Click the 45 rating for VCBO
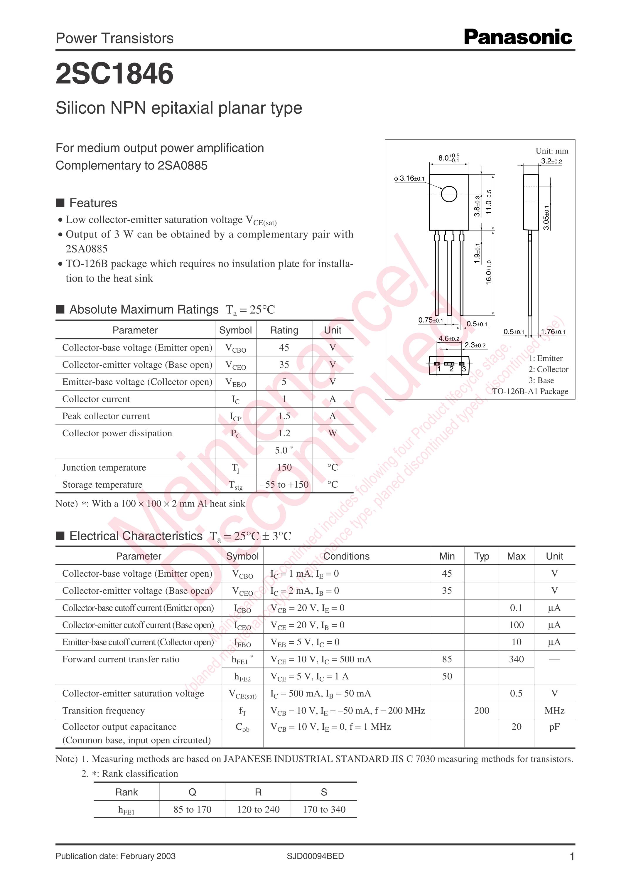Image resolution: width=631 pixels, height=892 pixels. click(x=284, y=347)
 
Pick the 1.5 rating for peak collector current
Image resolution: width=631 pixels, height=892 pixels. click(x=284, y=416)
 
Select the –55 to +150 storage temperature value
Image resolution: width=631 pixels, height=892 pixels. click(x=284, y=484)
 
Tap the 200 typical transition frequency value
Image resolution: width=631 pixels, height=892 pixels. click(x=481, y=711)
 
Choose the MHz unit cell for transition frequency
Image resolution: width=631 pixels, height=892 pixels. click(x=554, y=711)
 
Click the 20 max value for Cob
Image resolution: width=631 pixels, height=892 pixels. click(x=516, y=726)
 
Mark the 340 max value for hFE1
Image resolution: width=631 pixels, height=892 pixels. click(x=516, y=659)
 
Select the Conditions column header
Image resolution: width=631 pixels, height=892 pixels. click(x=346, y=556)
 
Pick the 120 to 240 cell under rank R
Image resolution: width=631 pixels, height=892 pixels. click(x=258, y=809)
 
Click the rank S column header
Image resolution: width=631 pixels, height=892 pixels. click(x=324, y=792)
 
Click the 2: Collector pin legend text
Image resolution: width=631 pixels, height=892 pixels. click(x=548, y=369)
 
